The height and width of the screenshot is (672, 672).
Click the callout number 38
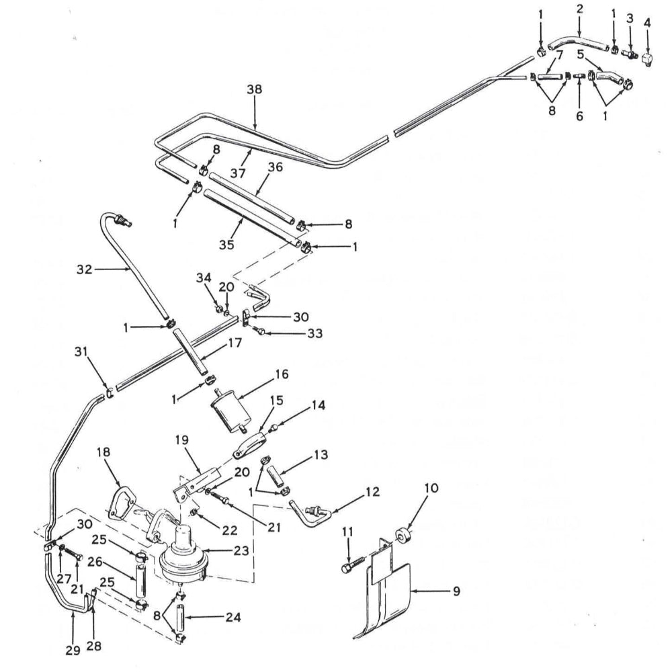tap(255, 89)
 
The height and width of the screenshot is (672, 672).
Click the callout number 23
tap(241, 550)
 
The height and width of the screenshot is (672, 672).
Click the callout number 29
tap(73, 650)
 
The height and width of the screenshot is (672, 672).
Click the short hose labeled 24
tap(181, 616)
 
